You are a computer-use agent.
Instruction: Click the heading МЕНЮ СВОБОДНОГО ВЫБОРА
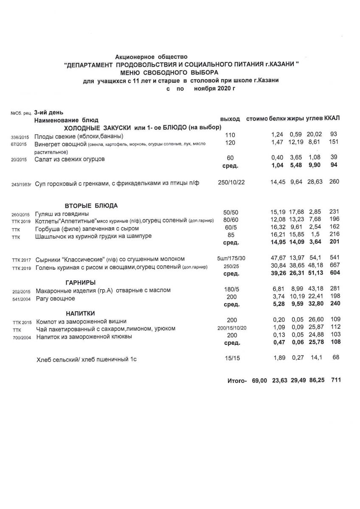[x=181, y=73]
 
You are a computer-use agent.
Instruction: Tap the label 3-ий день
[x=48, y=113]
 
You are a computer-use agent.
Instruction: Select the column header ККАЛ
[x=333, y=118]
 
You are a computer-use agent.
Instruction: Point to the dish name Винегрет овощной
[x=61, y=144]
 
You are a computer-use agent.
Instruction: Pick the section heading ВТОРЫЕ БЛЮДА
[x=91, y=206]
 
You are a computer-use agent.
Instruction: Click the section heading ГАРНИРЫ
[x=80, y=282]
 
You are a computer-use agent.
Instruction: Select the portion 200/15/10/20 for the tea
[x=232, y=329]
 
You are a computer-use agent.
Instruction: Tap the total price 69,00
[x=259, y=381]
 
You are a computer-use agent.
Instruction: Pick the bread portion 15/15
[x=232, y=358]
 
